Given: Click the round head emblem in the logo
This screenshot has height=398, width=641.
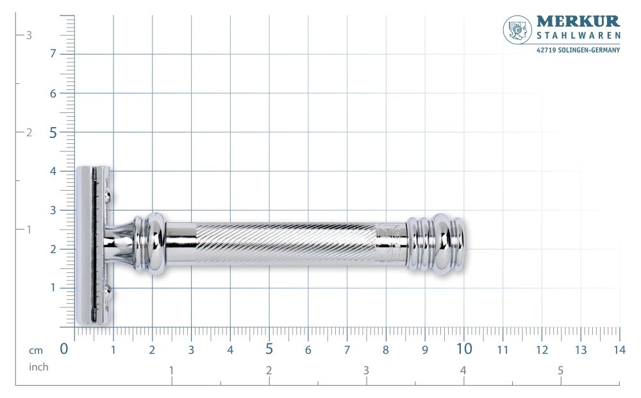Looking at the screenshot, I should point(517,30).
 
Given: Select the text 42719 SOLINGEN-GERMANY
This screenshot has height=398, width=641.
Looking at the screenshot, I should point(578,50).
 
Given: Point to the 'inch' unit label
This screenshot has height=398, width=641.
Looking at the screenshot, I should point(38,367).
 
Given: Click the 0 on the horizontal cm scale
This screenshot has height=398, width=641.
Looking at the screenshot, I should point(64,349).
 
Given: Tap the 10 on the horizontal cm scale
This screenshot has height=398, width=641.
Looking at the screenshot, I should point(464,349).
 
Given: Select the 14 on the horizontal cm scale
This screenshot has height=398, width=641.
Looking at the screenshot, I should point(619,350).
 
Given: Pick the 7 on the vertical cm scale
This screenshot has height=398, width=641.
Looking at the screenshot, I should point(53,54).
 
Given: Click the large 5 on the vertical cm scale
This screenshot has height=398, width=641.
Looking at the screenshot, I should point(53,132).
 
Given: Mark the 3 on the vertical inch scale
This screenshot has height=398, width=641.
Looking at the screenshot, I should point(29,35).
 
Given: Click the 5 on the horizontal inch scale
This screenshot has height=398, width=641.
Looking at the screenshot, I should point(560,370).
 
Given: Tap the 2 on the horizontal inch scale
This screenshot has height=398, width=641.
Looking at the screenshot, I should point(269,370).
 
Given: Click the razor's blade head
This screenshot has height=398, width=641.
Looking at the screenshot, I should point(94,245).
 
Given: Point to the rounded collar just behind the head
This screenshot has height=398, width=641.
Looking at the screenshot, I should point(151,245).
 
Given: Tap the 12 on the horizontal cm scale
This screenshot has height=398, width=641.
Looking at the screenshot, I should point(542,350).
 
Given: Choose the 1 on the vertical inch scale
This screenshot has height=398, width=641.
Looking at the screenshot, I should point(29,229).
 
